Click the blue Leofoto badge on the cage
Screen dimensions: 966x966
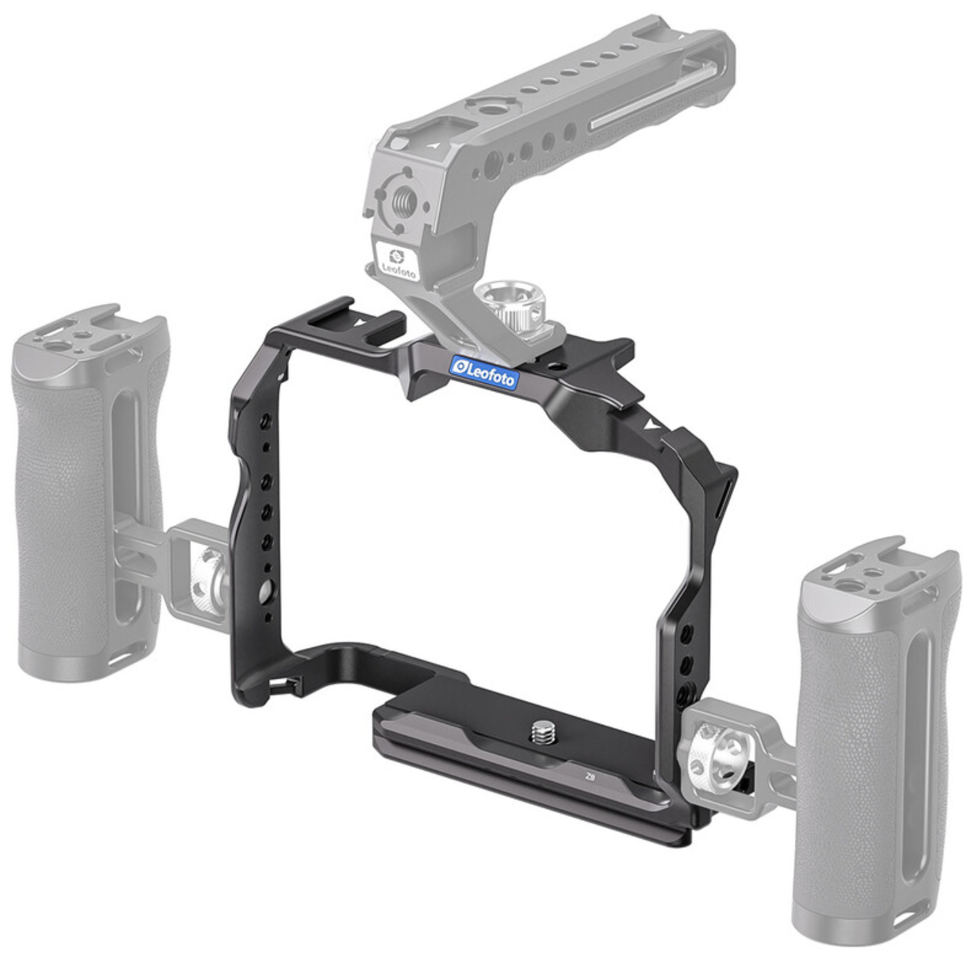[484, 372]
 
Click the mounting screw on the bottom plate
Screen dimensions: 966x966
[544, 732]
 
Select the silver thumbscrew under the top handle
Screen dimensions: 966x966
[510, 303]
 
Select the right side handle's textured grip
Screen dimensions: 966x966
[850, 741]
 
